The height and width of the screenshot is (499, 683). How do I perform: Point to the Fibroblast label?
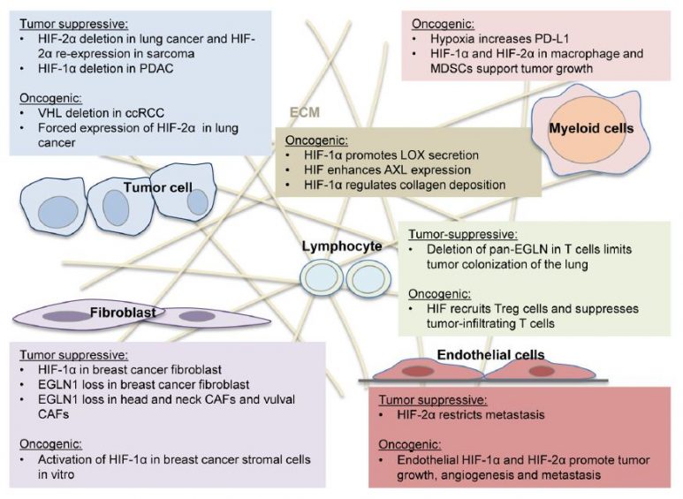pos(118,312)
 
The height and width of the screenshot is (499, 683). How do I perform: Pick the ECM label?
pos(305,113)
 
